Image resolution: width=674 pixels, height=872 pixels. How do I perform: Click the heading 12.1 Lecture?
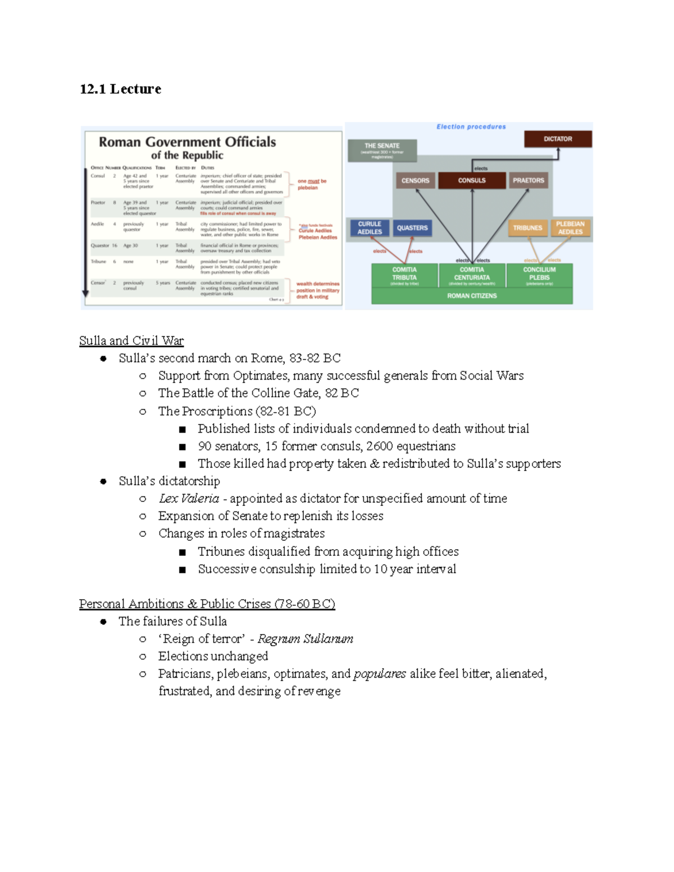pos(120,89)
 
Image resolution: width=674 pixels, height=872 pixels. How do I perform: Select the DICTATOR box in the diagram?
pos(558,139)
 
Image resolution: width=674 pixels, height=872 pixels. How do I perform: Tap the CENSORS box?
pos(415,180)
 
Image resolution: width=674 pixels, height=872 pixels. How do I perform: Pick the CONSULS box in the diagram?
pos(472,180)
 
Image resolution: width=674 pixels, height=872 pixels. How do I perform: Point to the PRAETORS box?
pos(528,180)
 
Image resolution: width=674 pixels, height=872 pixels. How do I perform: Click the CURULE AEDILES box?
pos(369,227)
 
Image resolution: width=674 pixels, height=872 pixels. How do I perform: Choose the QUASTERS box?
pos(412,227)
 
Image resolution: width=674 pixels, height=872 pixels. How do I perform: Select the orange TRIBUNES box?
pos(527,227)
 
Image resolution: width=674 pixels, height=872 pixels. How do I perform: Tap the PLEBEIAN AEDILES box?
pos(570,227)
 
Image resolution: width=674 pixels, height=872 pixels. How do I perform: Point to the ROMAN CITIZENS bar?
pos(472,295)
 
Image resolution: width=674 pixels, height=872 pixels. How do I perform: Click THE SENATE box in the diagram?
pos(382,149)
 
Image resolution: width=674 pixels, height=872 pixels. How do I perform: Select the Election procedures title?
pos(471,127)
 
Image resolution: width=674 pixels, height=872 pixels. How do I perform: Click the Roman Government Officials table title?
pos(187,142)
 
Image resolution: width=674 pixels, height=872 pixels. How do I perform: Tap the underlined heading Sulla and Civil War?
pos(131,341)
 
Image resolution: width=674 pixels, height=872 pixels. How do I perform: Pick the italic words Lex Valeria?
pos(189,499)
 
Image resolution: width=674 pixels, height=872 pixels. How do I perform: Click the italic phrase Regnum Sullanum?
pos(305,639)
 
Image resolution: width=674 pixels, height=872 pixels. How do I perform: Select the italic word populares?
pos(380,674)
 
